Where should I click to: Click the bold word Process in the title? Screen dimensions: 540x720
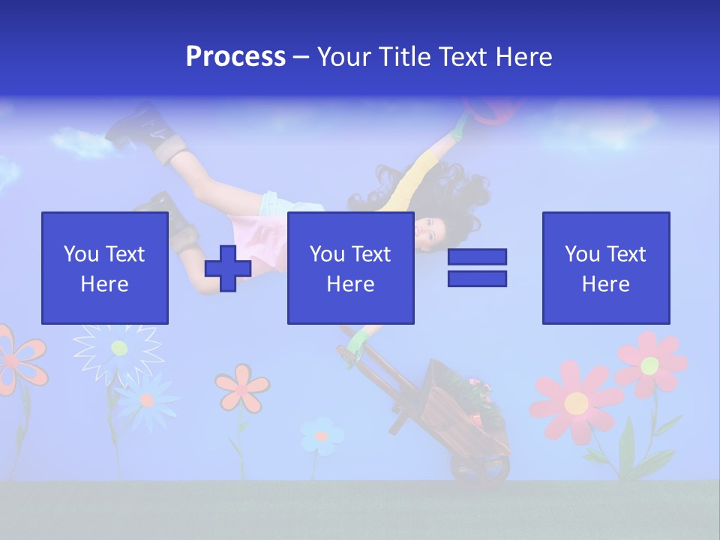[x=235, y=57]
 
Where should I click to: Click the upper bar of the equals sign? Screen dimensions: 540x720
[x=477, y=257]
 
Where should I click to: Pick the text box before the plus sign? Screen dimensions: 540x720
[x=105, y=268]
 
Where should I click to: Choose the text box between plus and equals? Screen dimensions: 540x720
[x=350, y=268]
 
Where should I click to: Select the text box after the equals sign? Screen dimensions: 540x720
[x=605, y=268]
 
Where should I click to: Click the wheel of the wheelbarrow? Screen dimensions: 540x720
[x=480, y=469]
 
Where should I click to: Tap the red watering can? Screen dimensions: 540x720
[x=491, y=111]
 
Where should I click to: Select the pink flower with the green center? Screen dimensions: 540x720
[x=649, y=364]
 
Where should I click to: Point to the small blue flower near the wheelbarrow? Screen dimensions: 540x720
[x=322, y=435]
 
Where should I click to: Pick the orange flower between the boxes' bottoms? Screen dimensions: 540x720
[x=242, y=388]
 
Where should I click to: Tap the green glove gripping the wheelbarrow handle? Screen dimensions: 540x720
[x=358, y=344]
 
